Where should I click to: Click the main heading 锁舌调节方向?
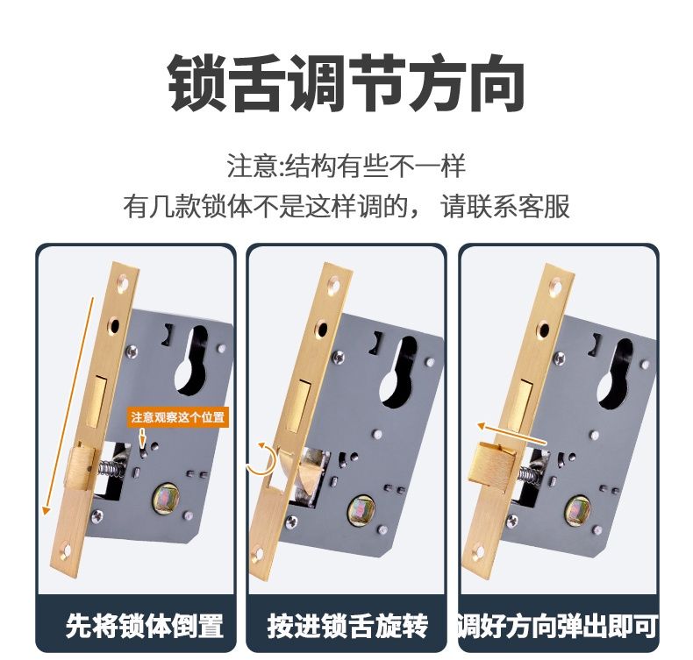(x=346, y=83)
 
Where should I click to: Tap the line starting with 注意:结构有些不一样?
(x=346, y=167)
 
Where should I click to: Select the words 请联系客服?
(x=505, y=206)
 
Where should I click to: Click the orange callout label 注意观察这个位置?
(x=178, y=417)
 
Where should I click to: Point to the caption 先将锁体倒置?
(x=145, y=626)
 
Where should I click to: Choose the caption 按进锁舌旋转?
(x=347, y=626)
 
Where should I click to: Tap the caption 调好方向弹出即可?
(x=557, y=626)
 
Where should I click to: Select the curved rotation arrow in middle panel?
(x=261, y=459)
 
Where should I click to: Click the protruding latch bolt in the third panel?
(x=493, y=465)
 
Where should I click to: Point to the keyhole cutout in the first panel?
(x=192, y=361)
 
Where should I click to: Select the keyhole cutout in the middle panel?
(x=399, y=372)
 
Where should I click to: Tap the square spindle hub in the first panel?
(x=165, y=499)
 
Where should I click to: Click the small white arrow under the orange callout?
(x=142, y=437)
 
